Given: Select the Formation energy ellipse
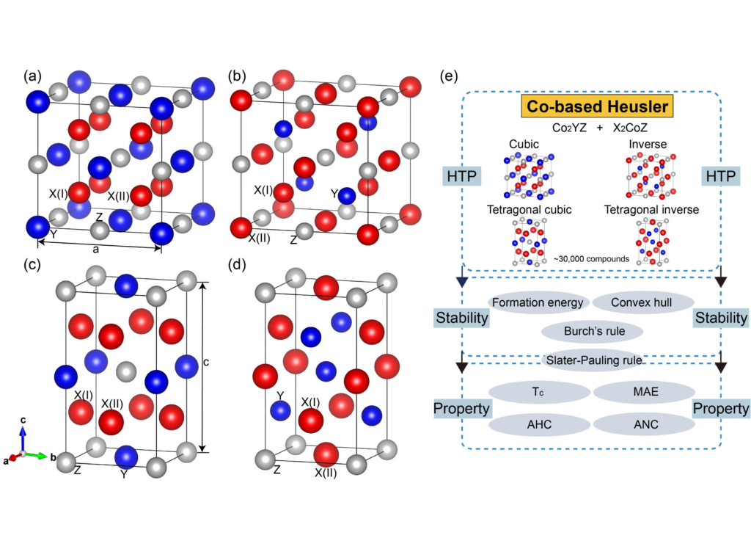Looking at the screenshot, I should point(538,302).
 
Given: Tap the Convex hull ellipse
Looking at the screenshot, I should point(642,302).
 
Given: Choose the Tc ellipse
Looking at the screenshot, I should point(538,392).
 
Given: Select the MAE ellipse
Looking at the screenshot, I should point(642,392).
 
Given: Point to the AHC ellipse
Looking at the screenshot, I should point(538,423).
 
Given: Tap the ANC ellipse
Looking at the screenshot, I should point(642,423).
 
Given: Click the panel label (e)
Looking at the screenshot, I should point(450,76).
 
